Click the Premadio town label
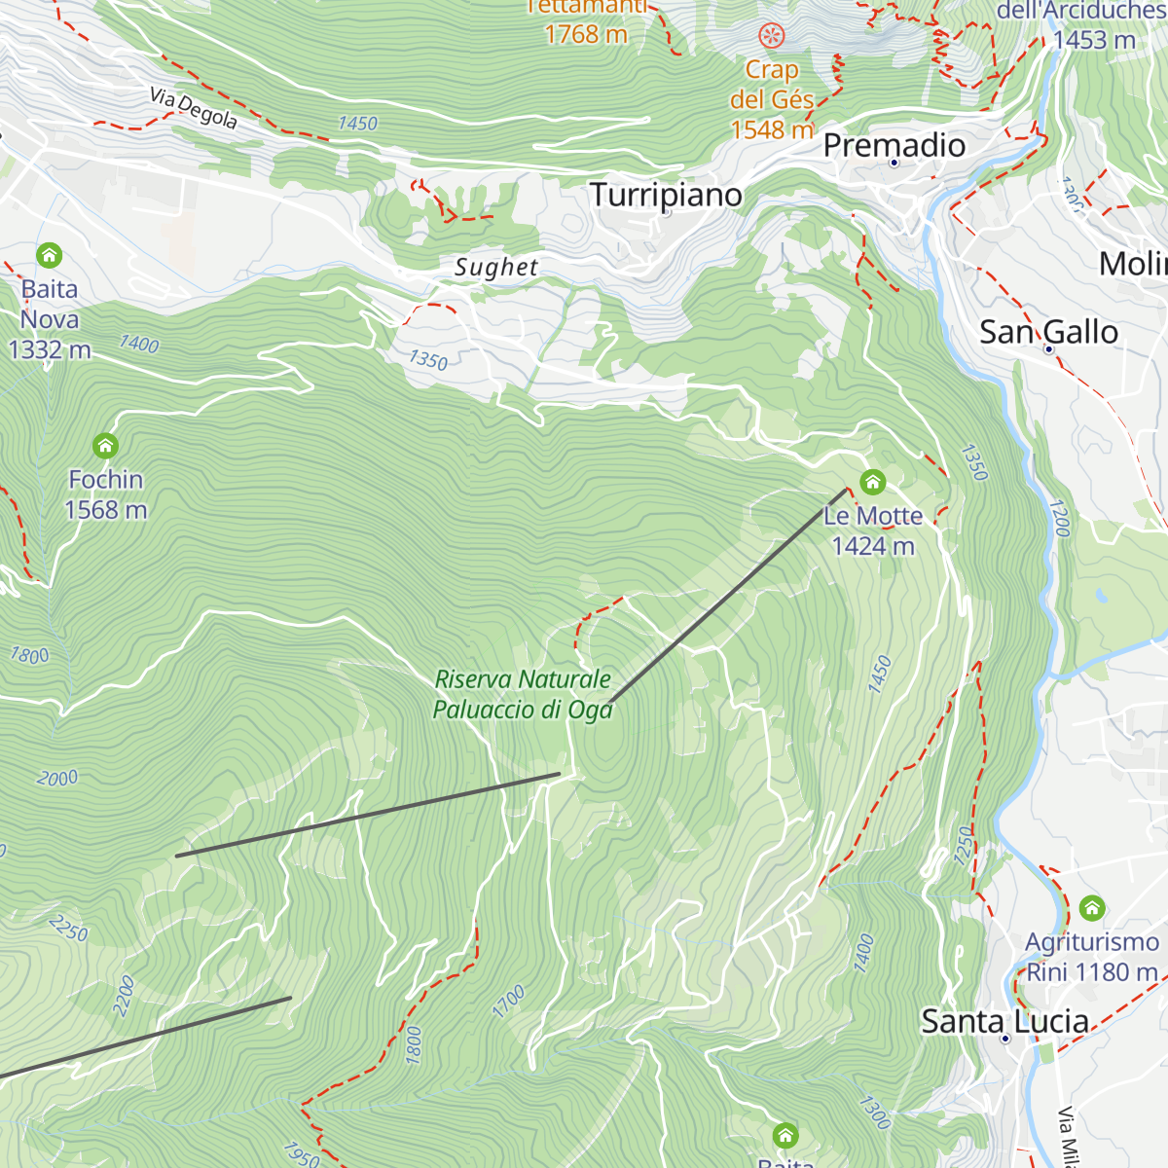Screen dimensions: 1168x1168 tap(894, 145)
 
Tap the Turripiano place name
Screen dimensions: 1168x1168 tap(666, 195)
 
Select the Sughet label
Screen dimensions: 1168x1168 tap(496, 268)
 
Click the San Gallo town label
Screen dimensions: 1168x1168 tap(1048, 332)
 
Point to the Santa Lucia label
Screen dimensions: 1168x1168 tap(1004, 1021)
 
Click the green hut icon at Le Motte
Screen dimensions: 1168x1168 tap(872, 482)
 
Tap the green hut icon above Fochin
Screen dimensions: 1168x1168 tap(105, 446)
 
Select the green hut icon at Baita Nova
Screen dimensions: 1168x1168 tap(49, 256)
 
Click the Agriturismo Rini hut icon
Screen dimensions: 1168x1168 tap(1092, 909)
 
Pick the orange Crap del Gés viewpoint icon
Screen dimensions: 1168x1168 tap(772, 37)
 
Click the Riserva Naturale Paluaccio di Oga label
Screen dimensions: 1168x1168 tap(523, 694)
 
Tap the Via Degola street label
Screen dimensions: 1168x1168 tap(194, 108)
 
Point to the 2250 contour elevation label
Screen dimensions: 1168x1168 tap(68, 928)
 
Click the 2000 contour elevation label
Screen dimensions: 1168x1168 tap(57, 778)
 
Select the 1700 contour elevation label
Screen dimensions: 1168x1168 tap(508, 1002)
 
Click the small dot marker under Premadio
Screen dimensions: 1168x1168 tap(894, 163)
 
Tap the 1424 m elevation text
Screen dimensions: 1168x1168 tap(872, 547)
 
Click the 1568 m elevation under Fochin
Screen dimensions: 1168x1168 tap(105, 510)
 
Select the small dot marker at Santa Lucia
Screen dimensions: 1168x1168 tap(1005, 1039)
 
